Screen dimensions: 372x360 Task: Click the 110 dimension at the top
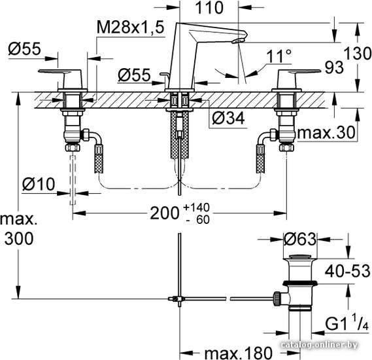[x=209, y=8]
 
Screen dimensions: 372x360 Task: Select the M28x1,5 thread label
[x=131, y=27]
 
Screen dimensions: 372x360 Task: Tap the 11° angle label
[x=279, y=56]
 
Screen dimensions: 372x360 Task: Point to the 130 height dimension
[x=358, y=53]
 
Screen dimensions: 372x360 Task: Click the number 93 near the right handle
[x=334, y=67]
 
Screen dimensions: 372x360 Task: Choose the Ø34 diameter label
[x=228, y=118]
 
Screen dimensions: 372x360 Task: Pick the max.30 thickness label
[x=326, y=132]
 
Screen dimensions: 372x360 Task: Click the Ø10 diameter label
[x=39, y=184]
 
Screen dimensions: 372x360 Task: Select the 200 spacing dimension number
[x=165, y=213]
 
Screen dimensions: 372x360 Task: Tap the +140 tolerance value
[x=196, y=207]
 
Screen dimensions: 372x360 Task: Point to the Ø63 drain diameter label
[x=300, y=239]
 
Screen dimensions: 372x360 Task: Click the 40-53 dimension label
[x=347, y=271]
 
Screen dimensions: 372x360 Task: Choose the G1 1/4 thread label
[x=347, y=323]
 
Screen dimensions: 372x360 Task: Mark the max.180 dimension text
[x=238, y=353]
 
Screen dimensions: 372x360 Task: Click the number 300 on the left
[x=19, y=238]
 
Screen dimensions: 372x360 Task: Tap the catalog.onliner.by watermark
[x=318, y=345]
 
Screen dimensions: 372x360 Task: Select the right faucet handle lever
[x=300, y=71]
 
